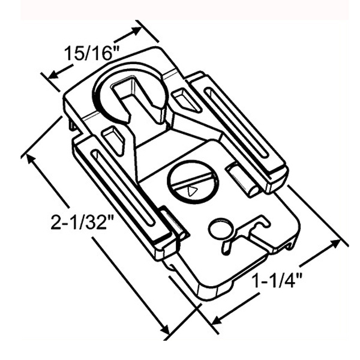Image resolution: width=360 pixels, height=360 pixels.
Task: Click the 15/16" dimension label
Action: [91, 53]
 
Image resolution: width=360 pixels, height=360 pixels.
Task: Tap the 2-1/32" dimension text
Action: [82, 221]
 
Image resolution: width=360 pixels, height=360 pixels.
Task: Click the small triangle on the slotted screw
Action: [191, 191]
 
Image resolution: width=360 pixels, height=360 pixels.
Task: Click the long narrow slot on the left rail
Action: [123, 187]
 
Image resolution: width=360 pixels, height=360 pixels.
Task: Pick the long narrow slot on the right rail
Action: [236, 123]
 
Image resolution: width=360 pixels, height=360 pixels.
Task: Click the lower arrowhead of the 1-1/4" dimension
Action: [217, 319]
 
